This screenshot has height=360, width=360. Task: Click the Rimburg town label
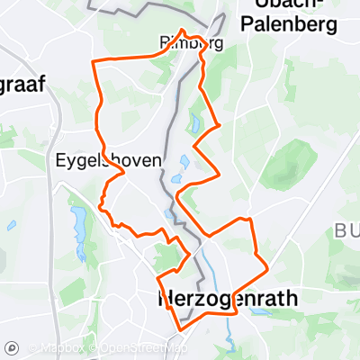190,42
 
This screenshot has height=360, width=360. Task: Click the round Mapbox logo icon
13,348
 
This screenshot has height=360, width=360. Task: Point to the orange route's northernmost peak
184,31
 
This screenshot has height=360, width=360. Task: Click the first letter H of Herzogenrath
165,296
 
